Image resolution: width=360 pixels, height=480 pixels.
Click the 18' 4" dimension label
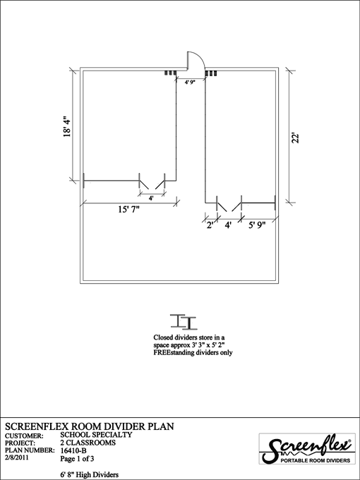(67, 126)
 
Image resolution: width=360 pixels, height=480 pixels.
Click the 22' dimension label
(295, 138)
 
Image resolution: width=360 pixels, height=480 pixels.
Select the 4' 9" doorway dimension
(190, 82)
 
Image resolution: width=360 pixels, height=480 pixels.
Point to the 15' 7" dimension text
(129, 210)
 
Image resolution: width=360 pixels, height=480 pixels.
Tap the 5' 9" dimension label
(256, 225)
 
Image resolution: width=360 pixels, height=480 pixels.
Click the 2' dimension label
(210, 225)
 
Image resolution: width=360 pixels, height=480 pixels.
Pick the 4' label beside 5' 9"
(228, 225)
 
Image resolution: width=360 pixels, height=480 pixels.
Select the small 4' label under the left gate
(151, 198)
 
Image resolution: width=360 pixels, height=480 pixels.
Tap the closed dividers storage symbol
(184, 322)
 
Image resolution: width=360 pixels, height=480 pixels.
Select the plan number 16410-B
(73, 450)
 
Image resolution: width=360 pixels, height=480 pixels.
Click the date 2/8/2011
(17, 457)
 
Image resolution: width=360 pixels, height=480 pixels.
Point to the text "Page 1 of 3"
(77, 459)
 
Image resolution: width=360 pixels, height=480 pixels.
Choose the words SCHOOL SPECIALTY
(96, 435)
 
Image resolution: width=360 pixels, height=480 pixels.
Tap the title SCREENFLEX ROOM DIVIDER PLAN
(90, 426)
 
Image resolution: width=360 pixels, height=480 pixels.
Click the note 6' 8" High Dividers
(90, 475)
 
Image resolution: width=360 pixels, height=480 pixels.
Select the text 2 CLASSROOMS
(88, 443)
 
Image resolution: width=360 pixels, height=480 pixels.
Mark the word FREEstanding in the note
(174, 353)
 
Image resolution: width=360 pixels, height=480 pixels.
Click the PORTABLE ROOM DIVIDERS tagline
(316, 460)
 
